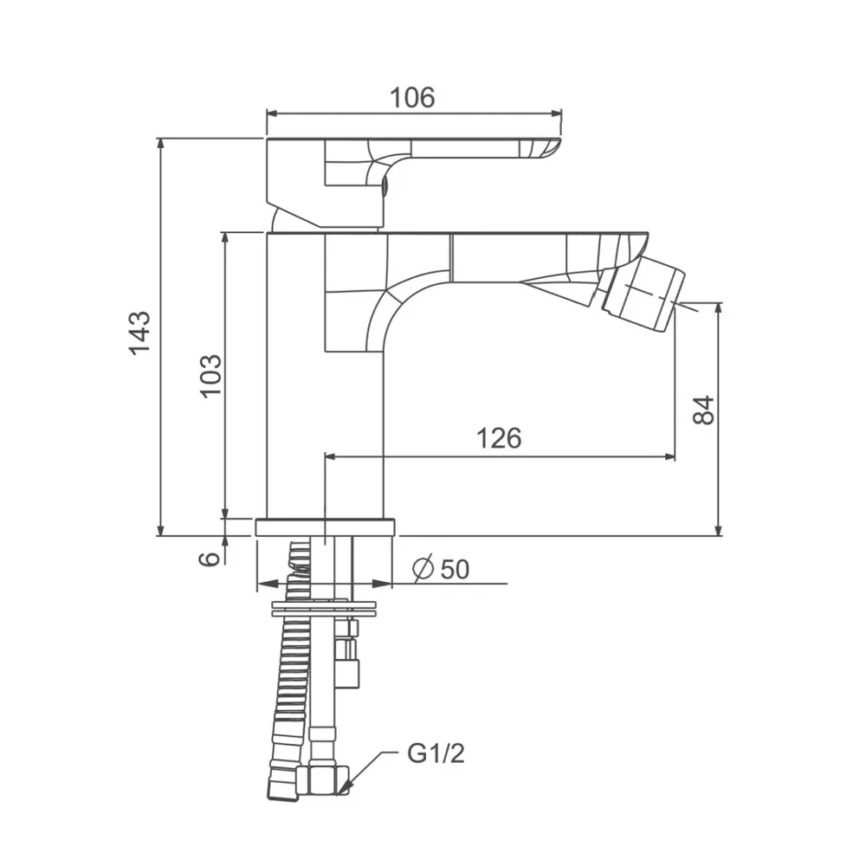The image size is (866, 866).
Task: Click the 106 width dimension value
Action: point(412,98)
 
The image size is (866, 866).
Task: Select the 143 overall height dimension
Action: point(139,333)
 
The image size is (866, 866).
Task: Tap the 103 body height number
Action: point(211,376)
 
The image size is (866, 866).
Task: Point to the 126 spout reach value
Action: point(499,438)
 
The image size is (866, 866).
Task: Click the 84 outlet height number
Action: point(703,410)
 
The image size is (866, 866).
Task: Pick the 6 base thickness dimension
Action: point(209,559)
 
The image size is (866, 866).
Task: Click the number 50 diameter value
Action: point(456,569)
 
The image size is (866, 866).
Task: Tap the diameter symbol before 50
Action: point(423,569)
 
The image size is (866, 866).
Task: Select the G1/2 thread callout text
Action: point(436,753)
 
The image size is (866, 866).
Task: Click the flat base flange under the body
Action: point(326,527)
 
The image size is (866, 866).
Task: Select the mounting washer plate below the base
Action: point(325,608)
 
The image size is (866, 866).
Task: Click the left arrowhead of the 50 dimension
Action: point(268,583)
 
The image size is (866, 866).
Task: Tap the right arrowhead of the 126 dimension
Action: point(669,456)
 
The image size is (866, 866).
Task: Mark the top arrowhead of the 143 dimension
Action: point(160,145)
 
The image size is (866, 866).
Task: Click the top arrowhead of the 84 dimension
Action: point(718,309)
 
